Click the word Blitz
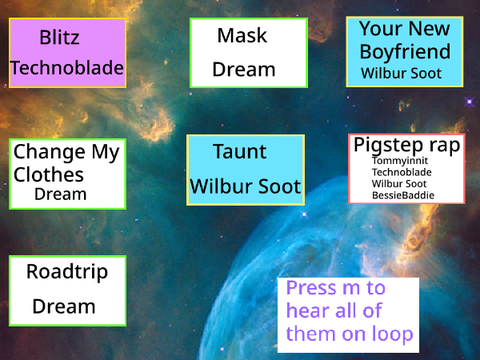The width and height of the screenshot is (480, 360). pyautogui.click(x=59, y=37)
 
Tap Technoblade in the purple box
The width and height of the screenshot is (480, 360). pyautogui.click(x=67, y=68)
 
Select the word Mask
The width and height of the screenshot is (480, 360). pyautogui.click(x=242, y=35)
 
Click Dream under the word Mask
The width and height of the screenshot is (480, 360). pyautogui.click(x=244, y=69)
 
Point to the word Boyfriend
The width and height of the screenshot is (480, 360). pyautogui.click(x=405, y=52)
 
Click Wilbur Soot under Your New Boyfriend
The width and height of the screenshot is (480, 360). pyautogui.click(x=401, y=73)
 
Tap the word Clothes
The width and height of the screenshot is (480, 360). pyautogui.click(x=49, y=175)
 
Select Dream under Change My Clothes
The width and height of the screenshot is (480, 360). pyautogui.click(x=60, y=194)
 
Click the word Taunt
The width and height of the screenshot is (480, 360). pyautogui.click(x=240, y=152)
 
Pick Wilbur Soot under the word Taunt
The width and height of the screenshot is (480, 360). pyautogui.click(x=245, y=186)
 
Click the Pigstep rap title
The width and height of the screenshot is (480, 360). pyautogui.click(x=407, y=145)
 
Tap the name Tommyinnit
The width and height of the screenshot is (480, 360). pyautogui.click(x=400, y=161)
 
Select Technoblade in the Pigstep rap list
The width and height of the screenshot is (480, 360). pyautogui.click(x=402, y=172)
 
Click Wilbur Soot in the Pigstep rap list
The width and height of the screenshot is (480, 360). pyautogui.click(x=399, y=184)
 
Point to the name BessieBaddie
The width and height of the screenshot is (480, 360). pyautogui.click(x=403, y=195)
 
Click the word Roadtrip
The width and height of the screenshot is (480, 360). pyautogui.click(x=67, y=272)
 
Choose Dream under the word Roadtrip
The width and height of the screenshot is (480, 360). pyautogui.click(x=64, y=306)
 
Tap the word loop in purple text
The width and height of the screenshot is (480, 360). pyautogui.click(x=393, y=334)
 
